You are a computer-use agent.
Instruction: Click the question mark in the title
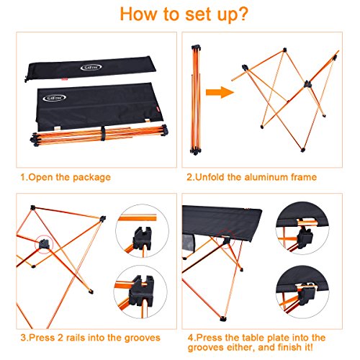click(x=242, y=14)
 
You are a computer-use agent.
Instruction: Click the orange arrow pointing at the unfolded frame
click(x=220, y=92)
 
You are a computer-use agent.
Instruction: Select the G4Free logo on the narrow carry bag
click(x=91, y=68)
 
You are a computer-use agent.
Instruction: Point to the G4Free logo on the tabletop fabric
click(x=54, y=98)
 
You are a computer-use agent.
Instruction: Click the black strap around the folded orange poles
click(x=103, y=133)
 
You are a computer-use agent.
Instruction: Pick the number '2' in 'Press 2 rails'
click(x=60, y=338)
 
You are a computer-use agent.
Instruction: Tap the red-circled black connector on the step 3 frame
click(x=44, y=244)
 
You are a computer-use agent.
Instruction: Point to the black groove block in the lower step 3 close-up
click(x=141, y=291)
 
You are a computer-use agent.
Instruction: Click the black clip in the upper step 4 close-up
click(x=305, y=236)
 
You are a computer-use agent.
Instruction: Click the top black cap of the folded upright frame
click(x=196, y=48)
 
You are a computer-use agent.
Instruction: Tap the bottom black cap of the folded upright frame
click(x=195, y=152)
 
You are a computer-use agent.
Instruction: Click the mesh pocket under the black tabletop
click(x=189, y=243)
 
